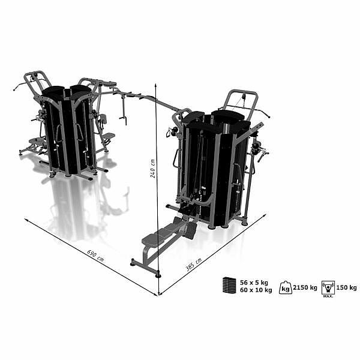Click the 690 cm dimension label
[95, 256]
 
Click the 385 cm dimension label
[194, 265]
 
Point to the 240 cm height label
[152, 169]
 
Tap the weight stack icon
[229, 285]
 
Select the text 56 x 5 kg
[254, 283]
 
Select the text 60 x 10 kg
[256, 290]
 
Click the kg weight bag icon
[286, 287]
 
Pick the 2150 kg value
[305, 287]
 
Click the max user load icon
[328, 287]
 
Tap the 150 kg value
[346, 287]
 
